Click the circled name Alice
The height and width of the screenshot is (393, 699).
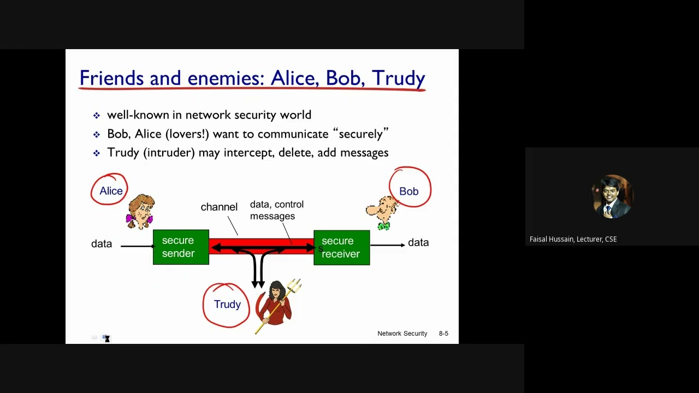[x=111, y=191]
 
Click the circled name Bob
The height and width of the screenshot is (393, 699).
[x=408, y=192]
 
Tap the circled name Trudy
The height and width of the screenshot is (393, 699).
[x=227, y=305]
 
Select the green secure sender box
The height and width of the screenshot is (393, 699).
[x=181, y=247]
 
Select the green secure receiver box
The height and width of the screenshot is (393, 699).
[x=342, y=247]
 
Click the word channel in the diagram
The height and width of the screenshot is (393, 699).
[x=219, y=207]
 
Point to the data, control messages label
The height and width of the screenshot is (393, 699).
[x=276, y=210]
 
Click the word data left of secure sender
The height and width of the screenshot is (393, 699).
[x=102, y=244]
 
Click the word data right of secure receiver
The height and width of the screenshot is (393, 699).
[x=418, y=243]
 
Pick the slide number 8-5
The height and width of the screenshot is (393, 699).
[x=443, y=334]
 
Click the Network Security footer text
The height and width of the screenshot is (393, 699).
[x=402, y=334]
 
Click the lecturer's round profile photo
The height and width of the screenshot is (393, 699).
[x=612, y=196]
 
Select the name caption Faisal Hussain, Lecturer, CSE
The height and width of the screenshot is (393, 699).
[x=573, y=239]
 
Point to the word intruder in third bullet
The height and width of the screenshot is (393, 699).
[x=169, y=153]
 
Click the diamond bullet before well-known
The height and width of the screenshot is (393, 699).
[x=97, y=116]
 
